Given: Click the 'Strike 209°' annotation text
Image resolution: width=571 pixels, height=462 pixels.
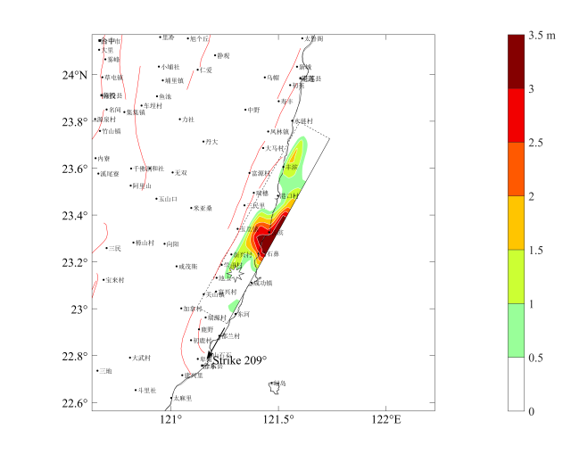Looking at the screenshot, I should [x=239, y=360].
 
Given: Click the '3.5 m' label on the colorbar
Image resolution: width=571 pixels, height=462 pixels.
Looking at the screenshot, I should [x=542, y=36].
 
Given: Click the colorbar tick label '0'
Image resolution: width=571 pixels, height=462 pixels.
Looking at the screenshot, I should [x=531, y=411].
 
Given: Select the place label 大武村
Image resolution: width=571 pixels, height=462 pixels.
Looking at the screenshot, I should [x=140, y=358].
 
